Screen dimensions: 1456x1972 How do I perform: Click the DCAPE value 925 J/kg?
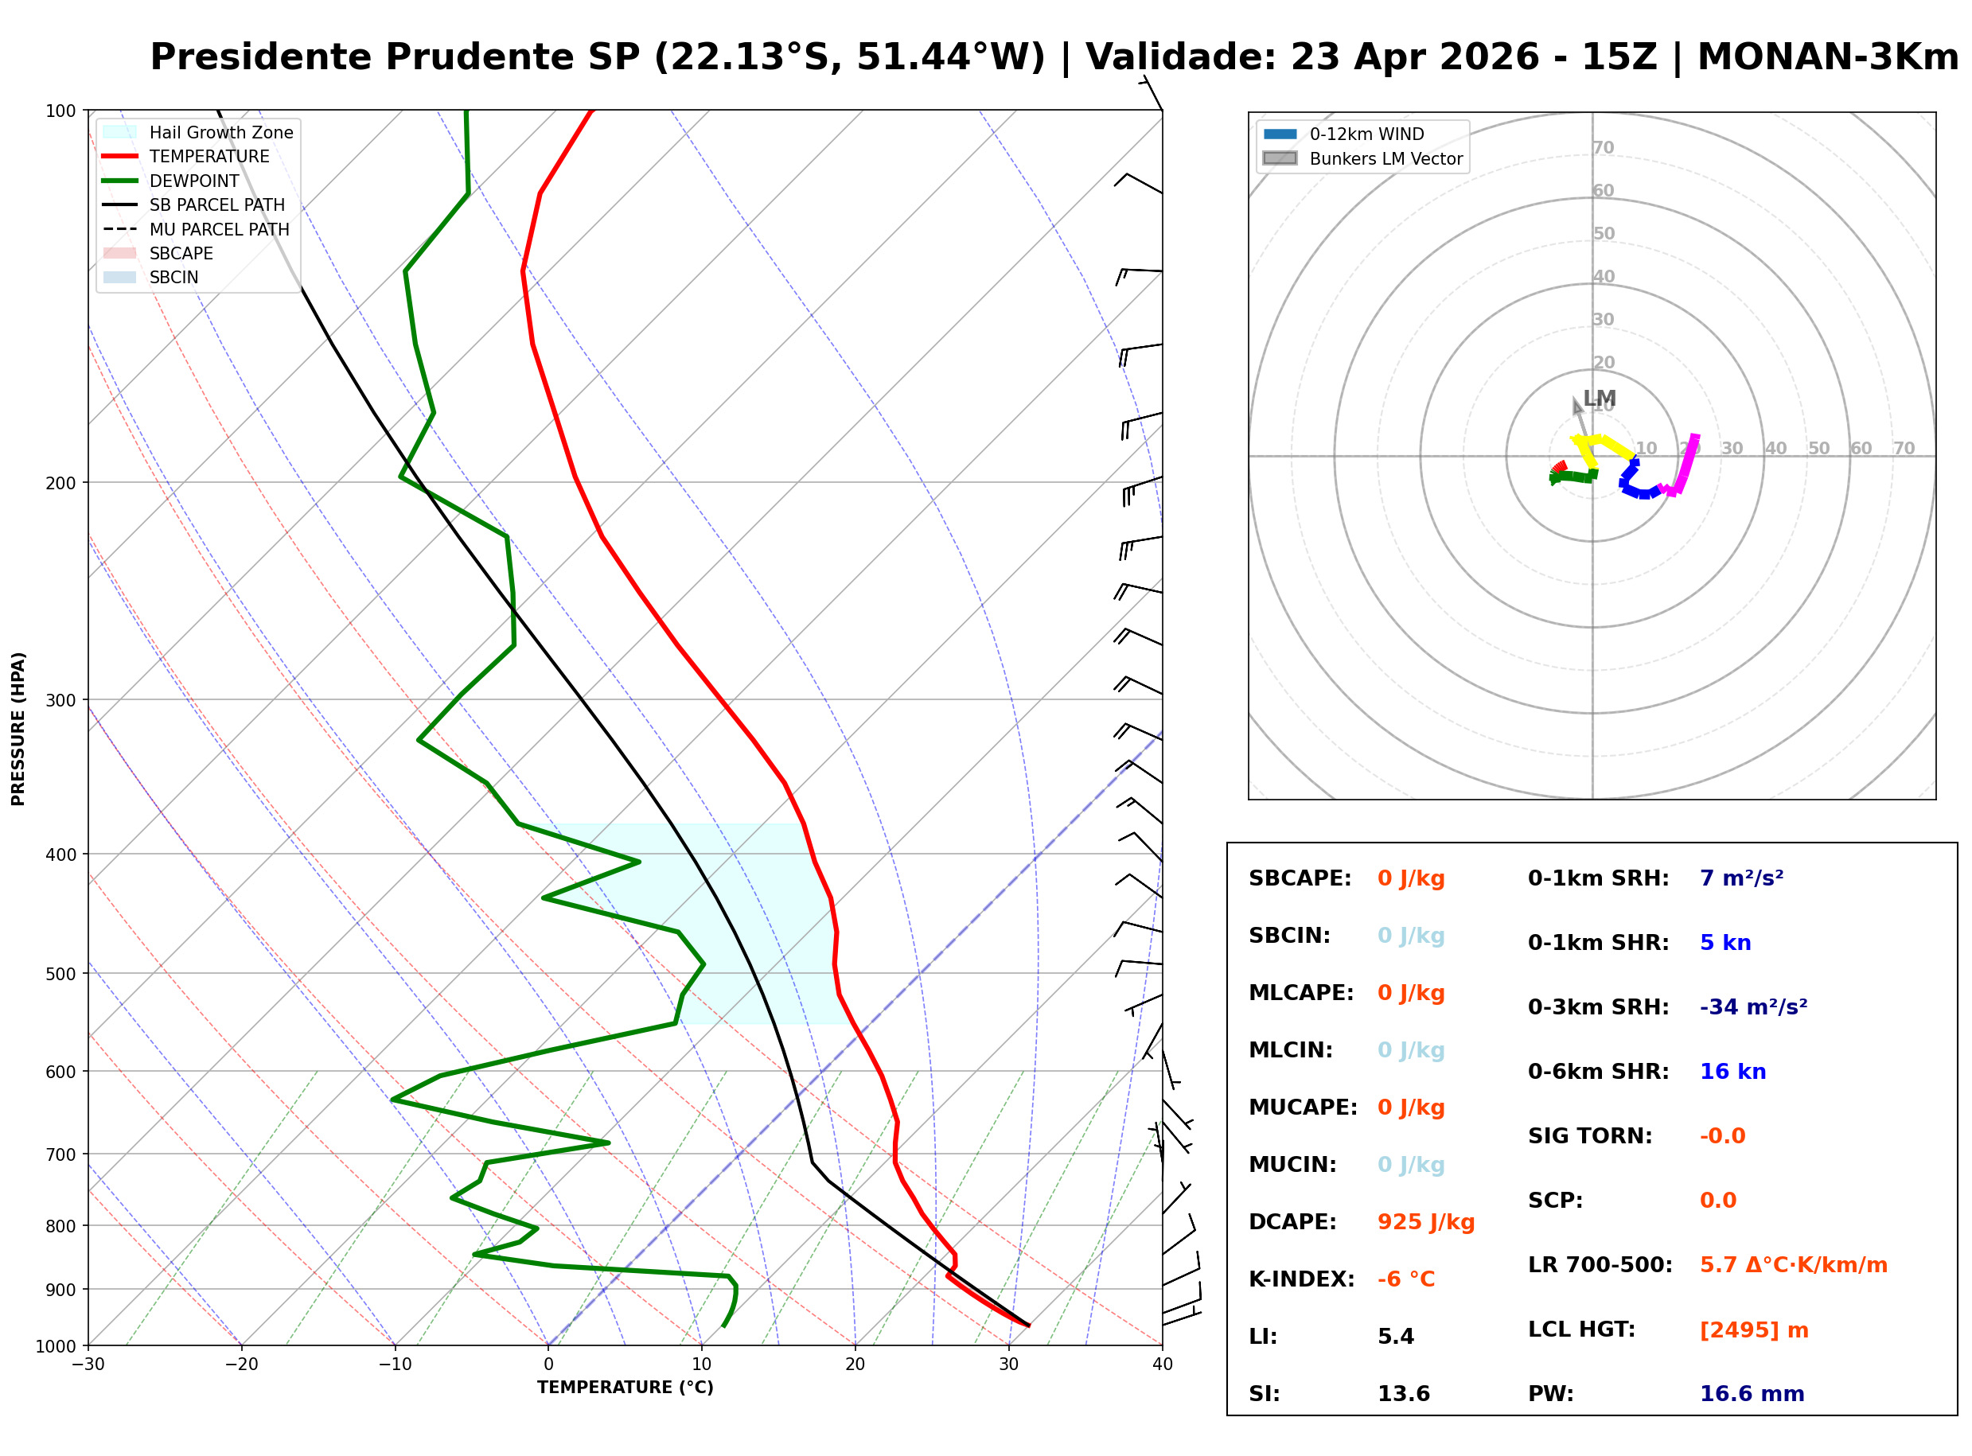point(1425,1222)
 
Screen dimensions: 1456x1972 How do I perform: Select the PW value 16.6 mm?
point(1752,1394)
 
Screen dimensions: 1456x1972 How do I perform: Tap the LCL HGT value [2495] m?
point(1753,1330)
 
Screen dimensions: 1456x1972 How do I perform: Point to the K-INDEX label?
point(1301,1279)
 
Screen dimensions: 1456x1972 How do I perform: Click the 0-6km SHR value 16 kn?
point(1732,1073)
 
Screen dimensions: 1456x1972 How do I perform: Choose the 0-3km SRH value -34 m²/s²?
point(1752,1007)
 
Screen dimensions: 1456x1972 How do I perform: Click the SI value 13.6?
point(1404,1394)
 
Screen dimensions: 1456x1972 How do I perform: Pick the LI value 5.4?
point(1396,1337)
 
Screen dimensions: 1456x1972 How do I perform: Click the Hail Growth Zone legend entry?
point(220,133)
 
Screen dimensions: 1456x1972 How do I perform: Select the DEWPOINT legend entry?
point(194,181)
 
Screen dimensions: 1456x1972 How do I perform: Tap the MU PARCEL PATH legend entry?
point(219,230)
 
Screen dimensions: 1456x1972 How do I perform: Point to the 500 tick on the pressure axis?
point(60,974)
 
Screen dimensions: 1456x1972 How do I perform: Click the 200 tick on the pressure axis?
point(60,483)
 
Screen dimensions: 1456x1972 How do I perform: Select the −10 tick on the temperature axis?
point(394,1365)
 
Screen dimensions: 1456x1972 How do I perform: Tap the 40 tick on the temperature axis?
point(1162,1365)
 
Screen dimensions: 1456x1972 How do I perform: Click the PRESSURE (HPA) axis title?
point(18,729)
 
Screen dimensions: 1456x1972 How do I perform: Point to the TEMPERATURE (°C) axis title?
point(625,1388)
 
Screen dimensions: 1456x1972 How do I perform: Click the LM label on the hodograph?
point(1599,399)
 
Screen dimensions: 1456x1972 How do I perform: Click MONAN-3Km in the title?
point(1827,57)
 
